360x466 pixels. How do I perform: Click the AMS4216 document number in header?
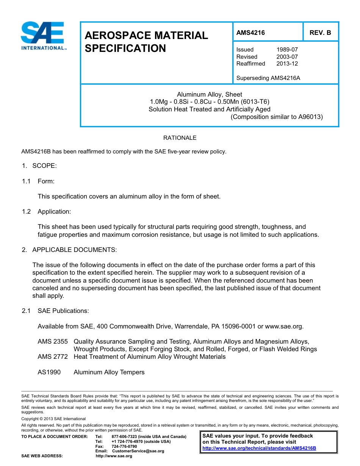(250, 33)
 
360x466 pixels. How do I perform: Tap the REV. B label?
(320, 33)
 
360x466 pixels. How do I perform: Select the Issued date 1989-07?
(287, 50)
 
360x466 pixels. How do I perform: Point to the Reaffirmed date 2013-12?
(287, 64)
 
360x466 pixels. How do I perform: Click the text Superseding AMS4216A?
(268, 78)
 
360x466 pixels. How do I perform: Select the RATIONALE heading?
(180, 138)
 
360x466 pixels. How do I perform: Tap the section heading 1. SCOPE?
(39, 166)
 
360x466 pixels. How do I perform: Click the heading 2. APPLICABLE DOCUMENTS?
(69, 250)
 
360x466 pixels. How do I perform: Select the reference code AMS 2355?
(53, 341)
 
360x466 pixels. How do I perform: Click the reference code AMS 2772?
(53, 357)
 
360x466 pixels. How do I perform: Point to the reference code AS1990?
(49, 372)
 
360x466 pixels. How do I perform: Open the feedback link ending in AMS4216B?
(259, 448)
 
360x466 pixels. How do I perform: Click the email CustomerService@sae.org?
(136, 451)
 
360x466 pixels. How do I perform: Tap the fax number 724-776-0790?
(124, 446)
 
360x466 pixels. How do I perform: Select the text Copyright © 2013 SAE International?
(53, 419)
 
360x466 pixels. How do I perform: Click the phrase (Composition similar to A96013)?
(277, 117)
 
